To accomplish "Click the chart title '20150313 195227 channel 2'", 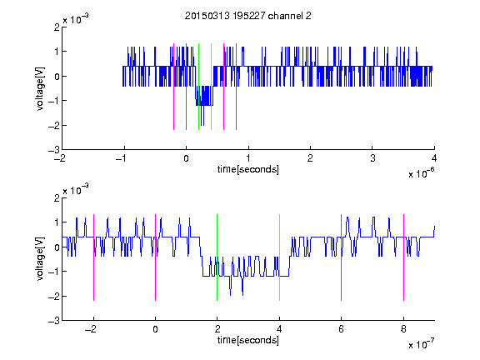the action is pyautogui.click(x=247, y=16).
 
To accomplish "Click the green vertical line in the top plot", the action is pyautogui.click(x=198, y=87).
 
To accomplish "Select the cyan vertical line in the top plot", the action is pyautogui.click(x=211, y=87).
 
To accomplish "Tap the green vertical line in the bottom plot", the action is pyautogui.click(x=217, y=257).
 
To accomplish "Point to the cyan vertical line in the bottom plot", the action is pyautogui.click(x=279, y=257).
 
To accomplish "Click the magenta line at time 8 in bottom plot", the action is pyautogui.click(x=403, y=257).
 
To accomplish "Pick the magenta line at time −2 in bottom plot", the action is pyautogui.click(x=93, y=257).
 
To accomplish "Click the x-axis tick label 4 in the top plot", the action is pyautogui.click(x=434, y=158).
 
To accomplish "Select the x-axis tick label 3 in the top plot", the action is pyautogui.click(x=372, y=158).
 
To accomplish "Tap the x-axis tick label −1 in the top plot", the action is pyautogui.click(x=122, y=158).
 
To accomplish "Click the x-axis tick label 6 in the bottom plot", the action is pyautogui.click(x=341, y=329).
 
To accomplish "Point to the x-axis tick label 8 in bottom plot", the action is pyautogui.click(x=403, y=329).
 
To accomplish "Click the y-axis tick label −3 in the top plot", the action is pyautogui.click(x=54, y=150).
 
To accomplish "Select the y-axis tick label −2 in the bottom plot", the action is pyautogui.click(x=54, y=296).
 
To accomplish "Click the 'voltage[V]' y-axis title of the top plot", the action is pyautogui.click(x=40, y=88).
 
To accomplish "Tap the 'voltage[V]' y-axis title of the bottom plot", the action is pyautogui.click(x=40, y=259).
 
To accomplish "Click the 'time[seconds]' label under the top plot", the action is pyautogui.click(x=248, y=169).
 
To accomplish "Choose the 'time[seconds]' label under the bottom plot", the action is pyautogui.click(x=248, y=340).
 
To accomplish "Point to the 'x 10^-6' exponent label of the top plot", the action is pyautogui.click(x=421, y=172).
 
